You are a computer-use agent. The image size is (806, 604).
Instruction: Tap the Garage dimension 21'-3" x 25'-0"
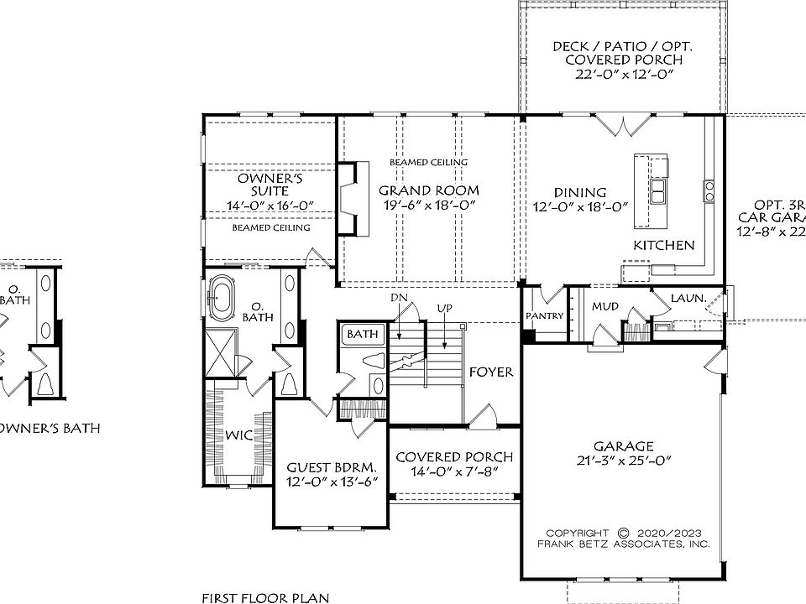pyautogui.click(x=623, y=461)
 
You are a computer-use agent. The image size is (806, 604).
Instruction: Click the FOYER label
pyautogui.click(x=491, y=372)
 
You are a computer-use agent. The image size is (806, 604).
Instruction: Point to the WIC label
pyautogui.click(x=238, y=435)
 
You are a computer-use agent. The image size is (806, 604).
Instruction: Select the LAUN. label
pyautogui.click(x=688, y=298)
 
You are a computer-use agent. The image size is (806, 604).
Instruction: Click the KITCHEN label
pyautogui.click(x=663, y=245)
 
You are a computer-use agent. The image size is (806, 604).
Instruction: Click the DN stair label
pyautogui.click(x=400, y=298)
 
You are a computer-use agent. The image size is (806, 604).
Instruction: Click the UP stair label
pyautogui.click(x=443, y=309)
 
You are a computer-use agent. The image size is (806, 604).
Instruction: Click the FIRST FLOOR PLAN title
pyautogui.click(x=264, y=597)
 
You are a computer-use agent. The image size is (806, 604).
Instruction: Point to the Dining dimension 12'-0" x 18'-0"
pyautogui.click(x=582, y=207)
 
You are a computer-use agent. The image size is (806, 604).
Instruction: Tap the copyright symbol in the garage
pyautogui.click(x=623, y=532)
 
